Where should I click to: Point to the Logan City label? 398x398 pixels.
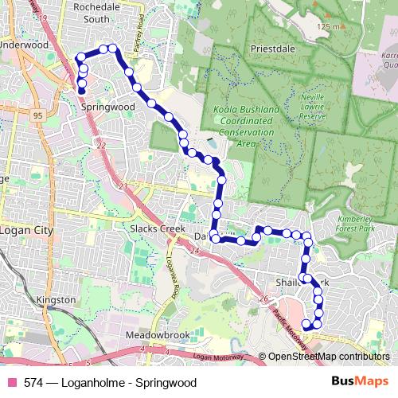coord(26,230)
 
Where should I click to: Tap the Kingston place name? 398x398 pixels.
coord(56,300)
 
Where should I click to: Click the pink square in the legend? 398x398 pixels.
coord(11,383)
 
